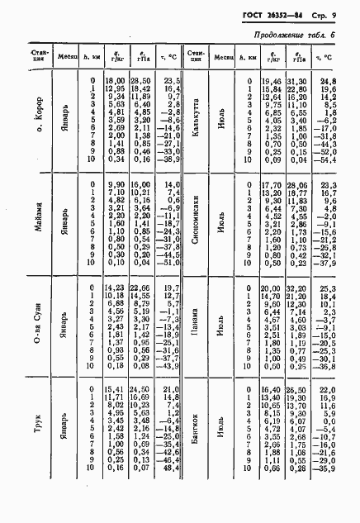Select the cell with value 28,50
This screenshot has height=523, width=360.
pyautogui.click(x=141, y=80)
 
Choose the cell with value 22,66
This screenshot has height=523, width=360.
pyautogui.click(x=141, y=287)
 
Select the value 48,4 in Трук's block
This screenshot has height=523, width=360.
pyautogui.click(x=172, y=469)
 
